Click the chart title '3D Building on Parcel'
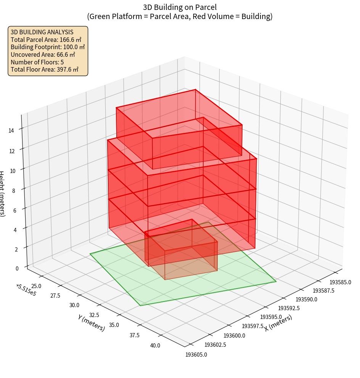click(x=180, y=7)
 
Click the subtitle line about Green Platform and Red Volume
click(x=180, y=16)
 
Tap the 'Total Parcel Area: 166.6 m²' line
click(x=46, y=40)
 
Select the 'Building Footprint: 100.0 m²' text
click(x=48, y=47)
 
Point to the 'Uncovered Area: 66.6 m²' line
click(x=44, y=54)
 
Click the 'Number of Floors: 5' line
click(x=37, y=62)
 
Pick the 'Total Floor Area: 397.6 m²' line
click(x=44, y=69)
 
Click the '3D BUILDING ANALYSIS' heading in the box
click(x=42, y=32)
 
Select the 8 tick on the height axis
click(x=14, y=190)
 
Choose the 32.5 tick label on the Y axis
click(x=93, y=315)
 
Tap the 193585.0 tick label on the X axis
click(x=341, y=282)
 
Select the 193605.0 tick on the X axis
click(x=196, y=355)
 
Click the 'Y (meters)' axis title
click(x=92, y=323)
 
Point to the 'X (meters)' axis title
click(x=278, y=323)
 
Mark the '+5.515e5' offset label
click(x=26, y=290)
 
